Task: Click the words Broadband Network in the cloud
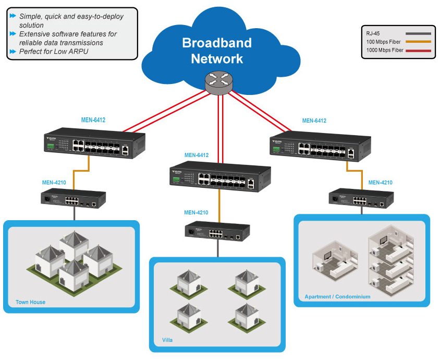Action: [x=217, y=51]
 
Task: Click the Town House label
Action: [x=30, y=302]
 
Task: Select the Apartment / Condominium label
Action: [x=337, y=296]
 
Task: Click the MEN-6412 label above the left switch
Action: [x=93, y=120]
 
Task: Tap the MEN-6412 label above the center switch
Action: [x=197, y=155]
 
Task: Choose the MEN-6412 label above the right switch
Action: [x=314, y=121]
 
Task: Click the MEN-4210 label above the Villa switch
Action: [x=196, y=212]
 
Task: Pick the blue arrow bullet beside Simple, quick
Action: [x=13, y=16]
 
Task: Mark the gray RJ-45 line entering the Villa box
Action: [x=218, y=249]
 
